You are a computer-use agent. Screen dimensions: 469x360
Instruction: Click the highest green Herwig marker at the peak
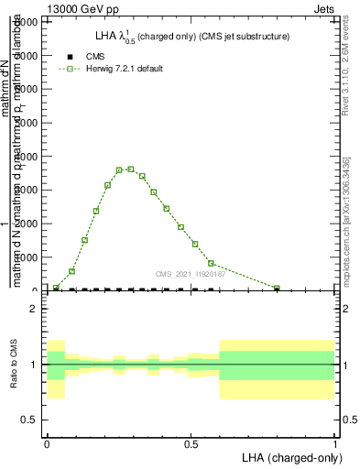point(131,169)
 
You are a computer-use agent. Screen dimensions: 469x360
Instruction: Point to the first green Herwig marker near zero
point(57,288)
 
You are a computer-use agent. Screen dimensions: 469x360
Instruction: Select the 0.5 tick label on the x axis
point(191,443)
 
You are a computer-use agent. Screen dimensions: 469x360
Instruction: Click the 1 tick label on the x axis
point(334,443)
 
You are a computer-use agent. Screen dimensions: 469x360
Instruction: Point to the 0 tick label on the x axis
point(47,443)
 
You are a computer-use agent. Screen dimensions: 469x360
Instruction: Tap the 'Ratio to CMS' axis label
point(14,365)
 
